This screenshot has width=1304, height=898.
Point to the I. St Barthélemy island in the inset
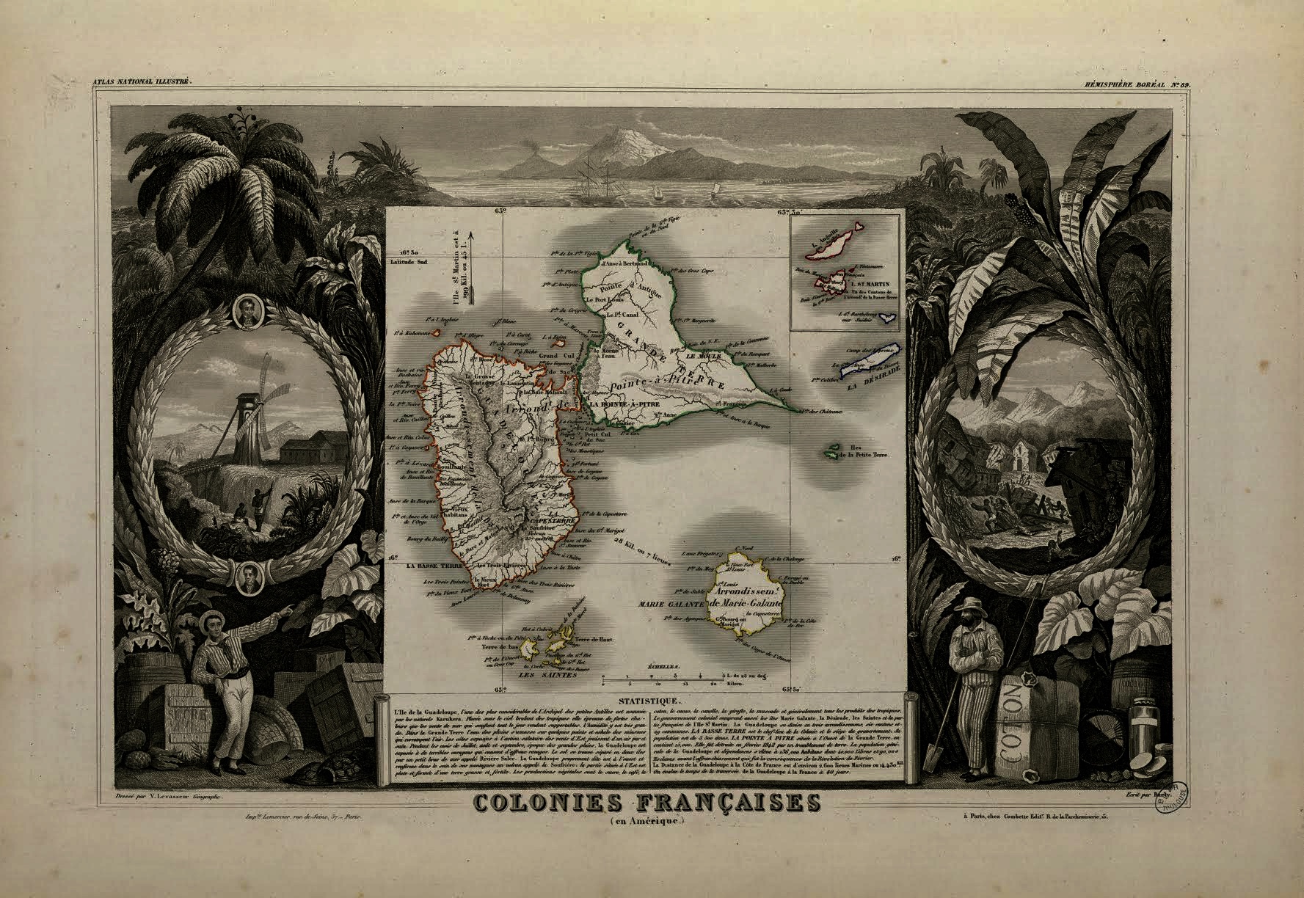pyautogui.click(x=889, y=317)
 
